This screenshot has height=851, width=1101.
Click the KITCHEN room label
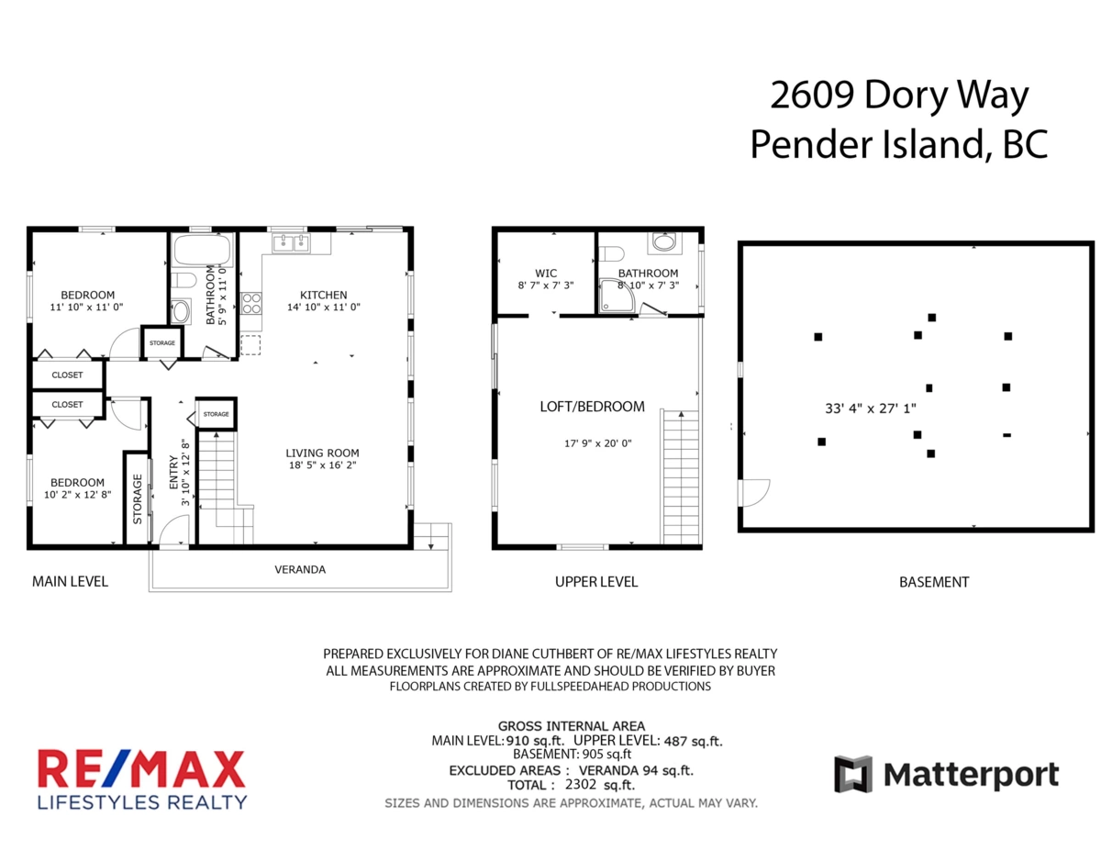[323, 295]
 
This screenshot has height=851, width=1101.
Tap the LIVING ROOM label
[322, 453]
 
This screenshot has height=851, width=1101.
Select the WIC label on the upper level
[546, 273]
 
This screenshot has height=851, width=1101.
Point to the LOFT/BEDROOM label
[592, 407]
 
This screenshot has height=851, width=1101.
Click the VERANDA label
[300, 569]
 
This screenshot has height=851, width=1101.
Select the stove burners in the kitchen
[250, 303]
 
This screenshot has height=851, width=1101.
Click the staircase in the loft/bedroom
[680, 476]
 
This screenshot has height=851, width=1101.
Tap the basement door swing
[755, 493]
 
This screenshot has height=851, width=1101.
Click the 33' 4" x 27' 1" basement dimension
[871, 409]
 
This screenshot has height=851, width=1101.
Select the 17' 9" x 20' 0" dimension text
[598, 443]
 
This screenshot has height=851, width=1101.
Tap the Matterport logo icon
[852, 774]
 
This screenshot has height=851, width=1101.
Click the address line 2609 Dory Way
[899, 96]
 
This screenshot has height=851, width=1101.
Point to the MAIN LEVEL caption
[70, 581]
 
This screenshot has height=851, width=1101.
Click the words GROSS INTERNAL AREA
[571, 725]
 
